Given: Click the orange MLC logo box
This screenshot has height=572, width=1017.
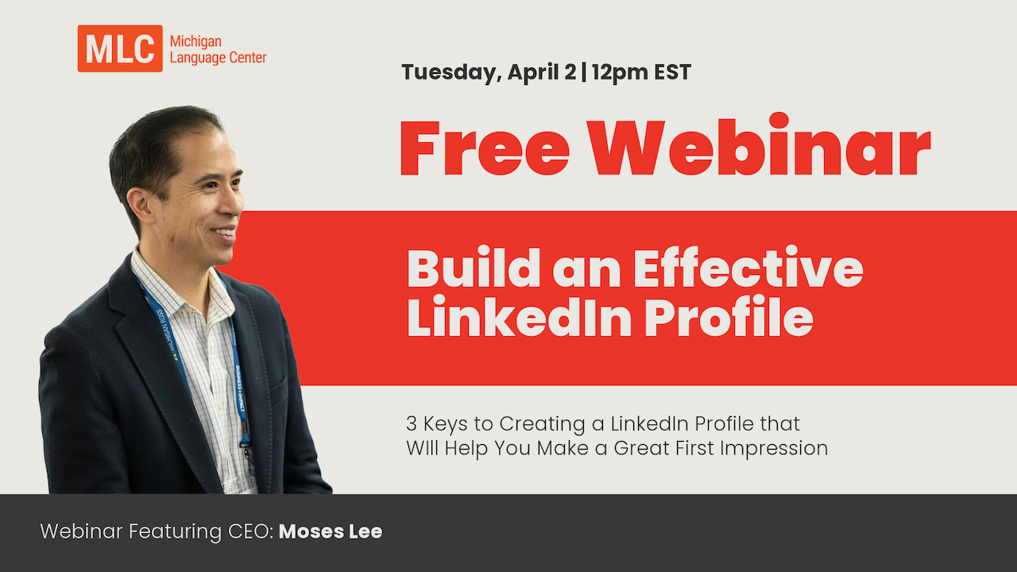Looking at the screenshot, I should point(119,48).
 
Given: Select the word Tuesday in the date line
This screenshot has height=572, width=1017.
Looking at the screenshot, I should point(450,72).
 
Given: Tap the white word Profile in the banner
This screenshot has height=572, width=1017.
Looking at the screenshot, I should point(729,318).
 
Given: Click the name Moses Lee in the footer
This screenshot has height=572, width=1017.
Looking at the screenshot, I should point(331,531).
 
